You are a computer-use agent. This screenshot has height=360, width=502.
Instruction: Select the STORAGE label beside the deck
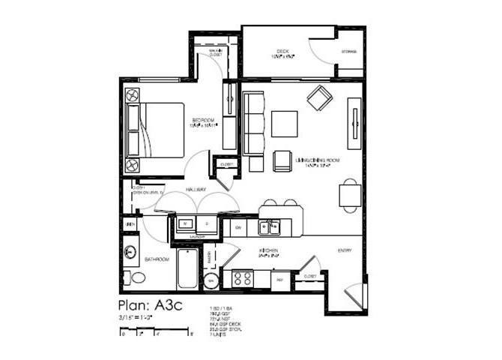(349, 52)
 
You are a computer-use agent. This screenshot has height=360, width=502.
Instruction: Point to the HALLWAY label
(196, 190)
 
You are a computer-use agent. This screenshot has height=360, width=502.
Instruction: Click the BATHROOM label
(157, 259)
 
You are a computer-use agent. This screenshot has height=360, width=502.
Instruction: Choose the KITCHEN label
(269, 250)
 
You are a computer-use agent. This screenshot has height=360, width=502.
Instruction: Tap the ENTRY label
(345, 250)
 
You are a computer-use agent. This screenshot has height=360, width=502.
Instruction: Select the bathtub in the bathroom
(188, 270)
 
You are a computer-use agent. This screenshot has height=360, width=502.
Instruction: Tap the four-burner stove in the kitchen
(243, 277)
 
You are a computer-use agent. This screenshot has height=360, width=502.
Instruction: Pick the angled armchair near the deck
(322, 97)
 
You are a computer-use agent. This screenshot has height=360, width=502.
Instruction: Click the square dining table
(351, 195)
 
